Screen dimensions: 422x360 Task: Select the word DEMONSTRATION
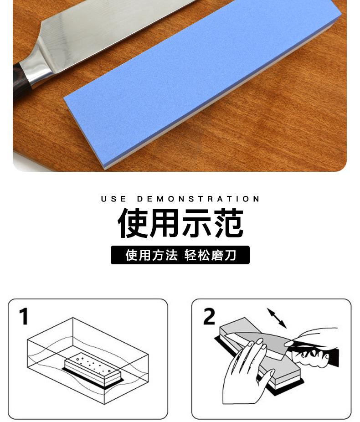click(198, 199)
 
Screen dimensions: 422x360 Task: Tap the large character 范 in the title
click(228, 223)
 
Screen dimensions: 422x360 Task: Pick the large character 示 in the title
click(196, 223)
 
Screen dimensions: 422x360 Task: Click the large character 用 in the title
click(165, 223)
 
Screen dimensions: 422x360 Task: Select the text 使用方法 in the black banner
click(151, 255)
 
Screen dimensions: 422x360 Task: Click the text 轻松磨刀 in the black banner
click(210, 255)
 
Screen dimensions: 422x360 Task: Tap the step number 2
click(209, 316)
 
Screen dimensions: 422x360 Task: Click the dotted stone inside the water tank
click(93, 367)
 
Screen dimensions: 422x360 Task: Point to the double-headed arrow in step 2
click(277, 318)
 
